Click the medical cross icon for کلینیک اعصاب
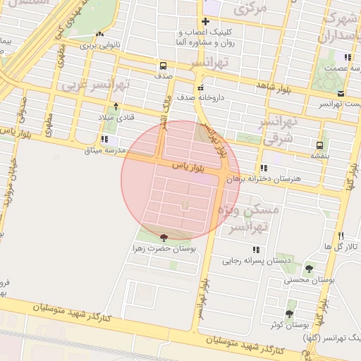tap(205, 21)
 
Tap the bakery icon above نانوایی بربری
tap(99, 34)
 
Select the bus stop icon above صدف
tap(164, 64)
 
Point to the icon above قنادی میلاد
tap(116, 106)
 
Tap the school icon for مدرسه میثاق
tap(104, 140)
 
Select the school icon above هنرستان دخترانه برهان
tap(263, 169)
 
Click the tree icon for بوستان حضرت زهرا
tap(164, 238)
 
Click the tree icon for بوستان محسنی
tap(308, 268)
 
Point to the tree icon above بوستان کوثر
tap(289, 314)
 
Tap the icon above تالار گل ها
tap(341, 235)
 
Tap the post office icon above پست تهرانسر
tap(341, 93)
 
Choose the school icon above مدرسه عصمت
tap(347, 57)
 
